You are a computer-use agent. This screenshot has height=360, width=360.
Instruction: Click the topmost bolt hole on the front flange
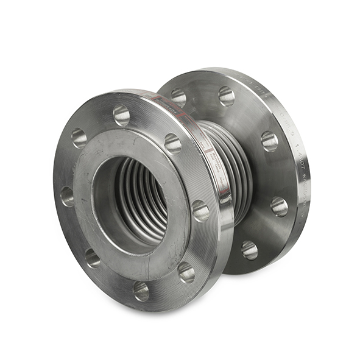[121, 115]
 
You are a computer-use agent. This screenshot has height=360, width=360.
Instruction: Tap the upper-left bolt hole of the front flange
[79, 138]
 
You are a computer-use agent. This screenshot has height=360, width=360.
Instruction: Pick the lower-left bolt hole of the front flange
[92, 257]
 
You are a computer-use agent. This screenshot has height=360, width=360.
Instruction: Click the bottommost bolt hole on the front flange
[141, 291]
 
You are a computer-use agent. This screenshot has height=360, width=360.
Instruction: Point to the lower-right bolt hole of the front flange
[186, 272]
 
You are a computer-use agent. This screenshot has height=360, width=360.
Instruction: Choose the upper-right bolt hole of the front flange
[173, 143]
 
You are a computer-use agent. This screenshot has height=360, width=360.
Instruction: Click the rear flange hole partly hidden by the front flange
[178, 97]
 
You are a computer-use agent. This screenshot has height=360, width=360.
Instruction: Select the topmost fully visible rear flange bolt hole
[227, 95]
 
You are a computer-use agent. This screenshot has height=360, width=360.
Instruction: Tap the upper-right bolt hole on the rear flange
[269, 141]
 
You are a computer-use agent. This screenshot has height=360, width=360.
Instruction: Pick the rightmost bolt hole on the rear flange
[280, 206]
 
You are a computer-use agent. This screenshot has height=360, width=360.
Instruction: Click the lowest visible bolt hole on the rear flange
[249, 250]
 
